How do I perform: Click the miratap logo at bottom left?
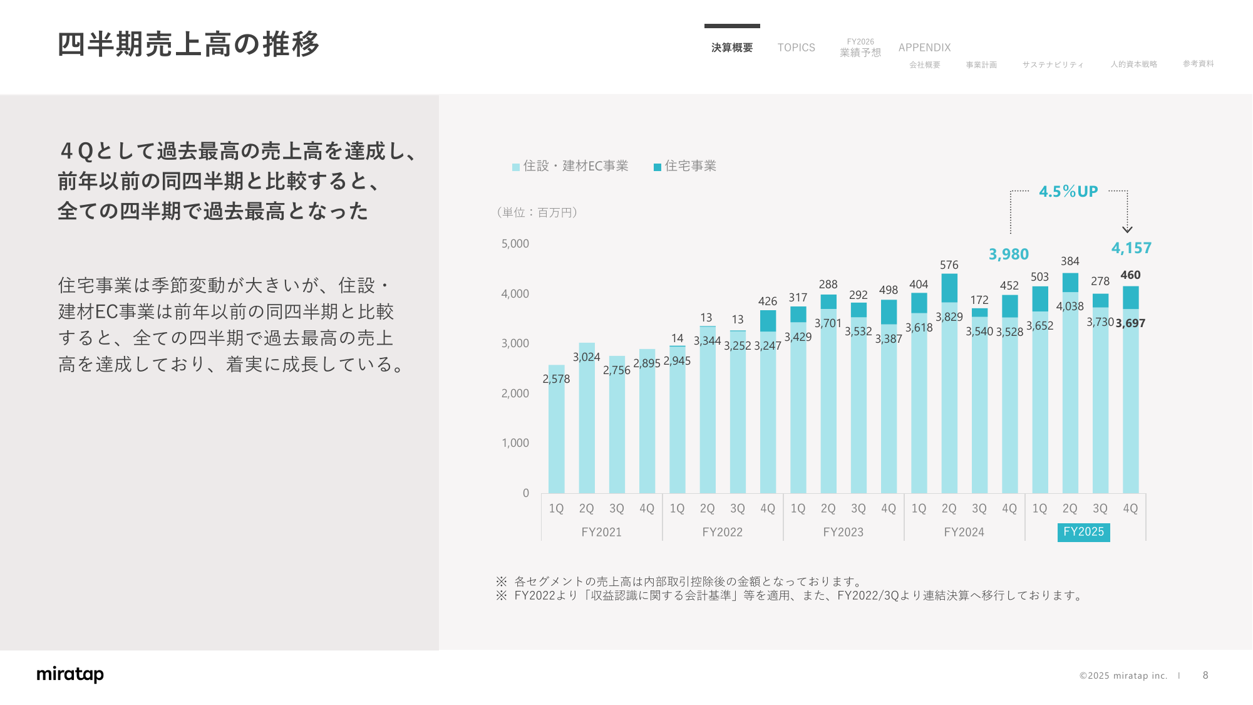(x=70, y=674)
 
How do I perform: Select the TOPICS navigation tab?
(x=796, y=48)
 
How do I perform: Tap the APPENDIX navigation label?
(x=924, y=48)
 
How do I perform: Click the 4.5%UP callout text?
(x=1068, y=192)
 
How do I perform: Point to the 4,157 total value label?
(x=1131, y=248)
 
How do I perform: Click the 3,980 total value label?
(x=1008, y=254)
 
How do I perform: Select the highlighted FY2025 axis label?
(x=1083, y=532)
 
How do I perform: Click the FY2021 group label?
(x=601, y=532)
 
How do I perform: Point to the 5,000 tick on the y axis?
(x=515, y=244)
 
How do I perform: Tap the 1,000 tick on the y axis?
(x=515, y=443)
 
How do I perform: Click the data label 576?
(x=949, y=265)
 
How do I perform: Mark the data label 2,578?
(x=556, y=379)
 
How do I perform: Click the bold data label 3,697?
(x=1130, y=323)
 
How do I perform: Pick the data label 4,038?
(x=1070, y=306)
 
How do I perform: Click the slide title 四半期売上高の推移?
(x=188, y=44)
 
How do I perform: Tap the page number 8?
(x=1205, y=675)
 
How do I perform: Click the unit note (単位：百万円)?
(x=537, y=212)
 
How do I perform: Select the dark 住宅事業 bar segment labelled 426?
(x=768, y=321)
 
